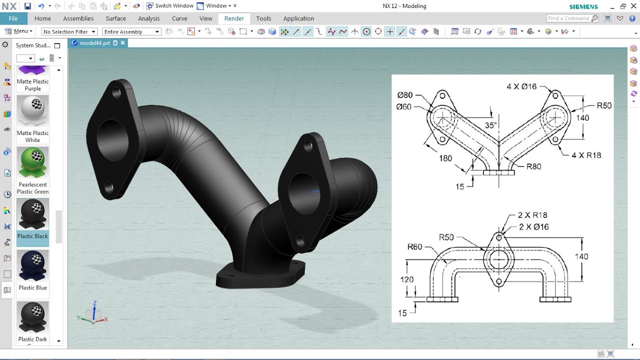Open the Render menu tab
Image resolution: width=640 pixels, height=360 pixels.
(234, 18)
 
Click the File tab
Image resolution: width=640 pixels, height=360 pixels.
(13, 18)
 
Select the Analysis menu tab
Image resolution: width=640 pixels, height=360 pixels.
(148, 18)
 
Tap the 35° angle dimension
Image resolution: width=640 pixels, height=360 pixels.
(490, 125)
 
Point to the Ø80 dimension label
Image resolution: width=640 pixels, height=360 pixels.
(405, 95)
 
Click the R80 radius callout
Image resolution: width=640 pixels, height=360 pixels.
(533, 166)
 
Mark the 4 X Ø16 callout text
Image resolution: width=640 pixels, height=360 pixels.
(521, 86)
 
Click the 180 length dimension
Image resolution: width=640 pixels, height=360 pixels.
(445, 158)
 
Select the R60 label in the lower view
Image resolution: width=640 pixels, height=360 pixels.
(414, 246)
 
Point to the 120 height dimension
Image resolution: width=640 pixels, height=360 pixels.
(407, 279)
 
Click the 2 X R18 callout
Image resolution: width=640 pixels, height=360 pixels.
(532, 215)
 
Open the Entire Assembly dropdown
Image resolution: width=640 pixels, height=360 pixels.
(131, 32)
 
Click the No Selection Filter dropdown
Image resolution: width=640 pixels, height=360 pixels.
(69, 32)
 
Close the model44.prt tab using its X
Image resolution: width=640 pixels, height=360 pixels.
(122, 43)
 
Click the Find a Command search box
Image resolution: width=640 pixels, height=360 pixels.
(568, 18)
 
